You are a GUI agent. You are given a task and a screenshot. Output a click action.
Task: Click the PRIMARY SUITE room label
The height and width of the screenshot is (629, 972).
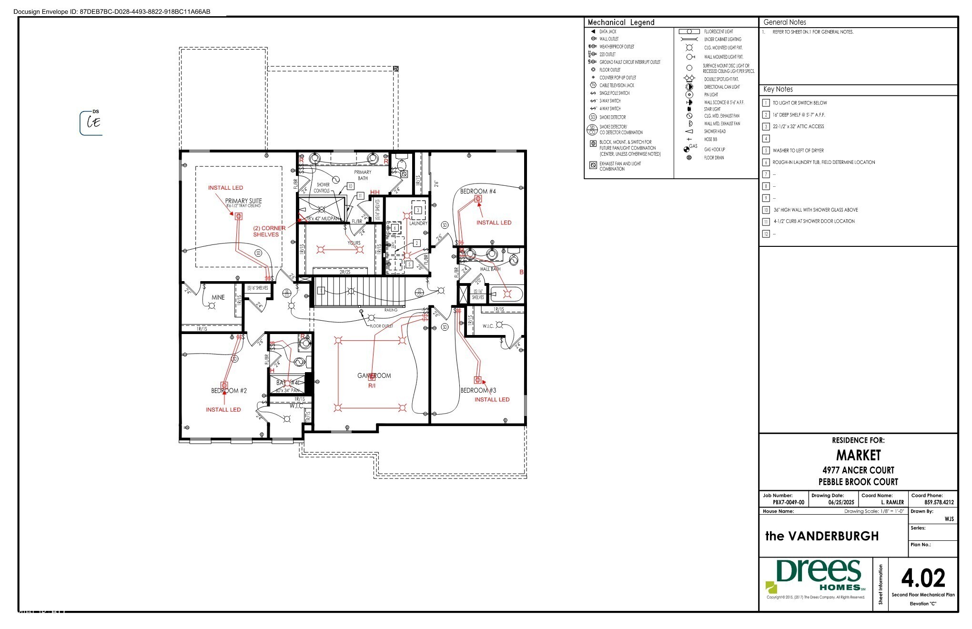click(243, 201)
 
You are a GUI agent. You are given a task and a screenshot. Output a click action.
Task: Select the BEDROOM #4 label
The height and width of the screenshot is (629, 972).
click(477, 191)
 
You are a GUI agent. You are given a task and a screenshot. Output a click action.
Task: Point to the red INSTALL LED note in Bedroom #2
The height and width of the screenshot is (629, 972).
click(223, 409)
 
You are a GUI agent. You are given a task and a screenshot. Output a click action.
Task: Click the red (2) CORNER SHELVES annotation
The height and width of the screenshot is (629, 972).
click(269, 231)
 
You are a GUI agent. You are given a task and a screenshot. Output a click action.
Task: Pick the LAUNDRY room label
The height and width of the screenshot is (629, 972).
click(418, 223)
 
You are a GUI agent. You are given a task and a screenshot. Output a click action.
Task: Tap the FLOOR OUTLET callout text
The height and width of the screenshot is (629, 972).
click(381, 326)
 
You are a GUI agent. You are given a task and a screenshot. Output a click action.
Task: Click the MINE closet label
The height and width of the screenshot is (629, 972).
click(218, 297)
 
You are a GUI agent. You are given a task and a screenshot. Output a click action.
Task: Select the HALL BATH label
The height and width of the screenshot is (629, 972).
click(490, 269)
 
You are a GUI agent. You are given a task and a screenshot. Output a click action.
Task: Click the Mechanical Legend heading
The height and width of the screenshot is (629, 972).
click(621, 22)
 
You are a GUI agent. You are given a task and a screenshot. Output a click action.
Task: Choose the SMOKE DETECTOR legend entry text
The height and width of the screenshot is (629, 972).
click(612, 117)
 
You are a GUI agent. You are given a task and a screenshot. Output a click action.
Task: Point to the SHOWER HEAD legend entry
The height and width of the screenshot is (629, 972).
click(715, 132)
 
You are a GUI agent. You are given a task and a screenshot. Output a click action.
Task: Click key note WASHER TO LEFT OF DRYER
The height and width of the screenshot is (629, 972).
click(798, 151)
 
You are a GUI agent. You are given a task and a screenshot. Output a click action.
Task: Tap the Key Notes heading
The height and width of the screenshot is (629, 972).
click(778, 89)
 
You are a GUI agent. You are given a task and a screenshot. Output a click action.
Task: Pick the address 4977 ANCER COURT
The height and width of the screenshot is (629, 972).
click(858, 470)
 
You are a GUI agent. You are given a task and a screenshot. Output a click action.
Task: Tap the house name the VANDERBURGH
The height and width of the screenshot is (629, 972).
click(821, 536)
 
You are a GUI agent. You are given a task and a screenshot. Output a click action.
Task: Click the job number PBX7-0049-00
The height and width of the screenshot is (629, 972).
click(788, 502)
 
